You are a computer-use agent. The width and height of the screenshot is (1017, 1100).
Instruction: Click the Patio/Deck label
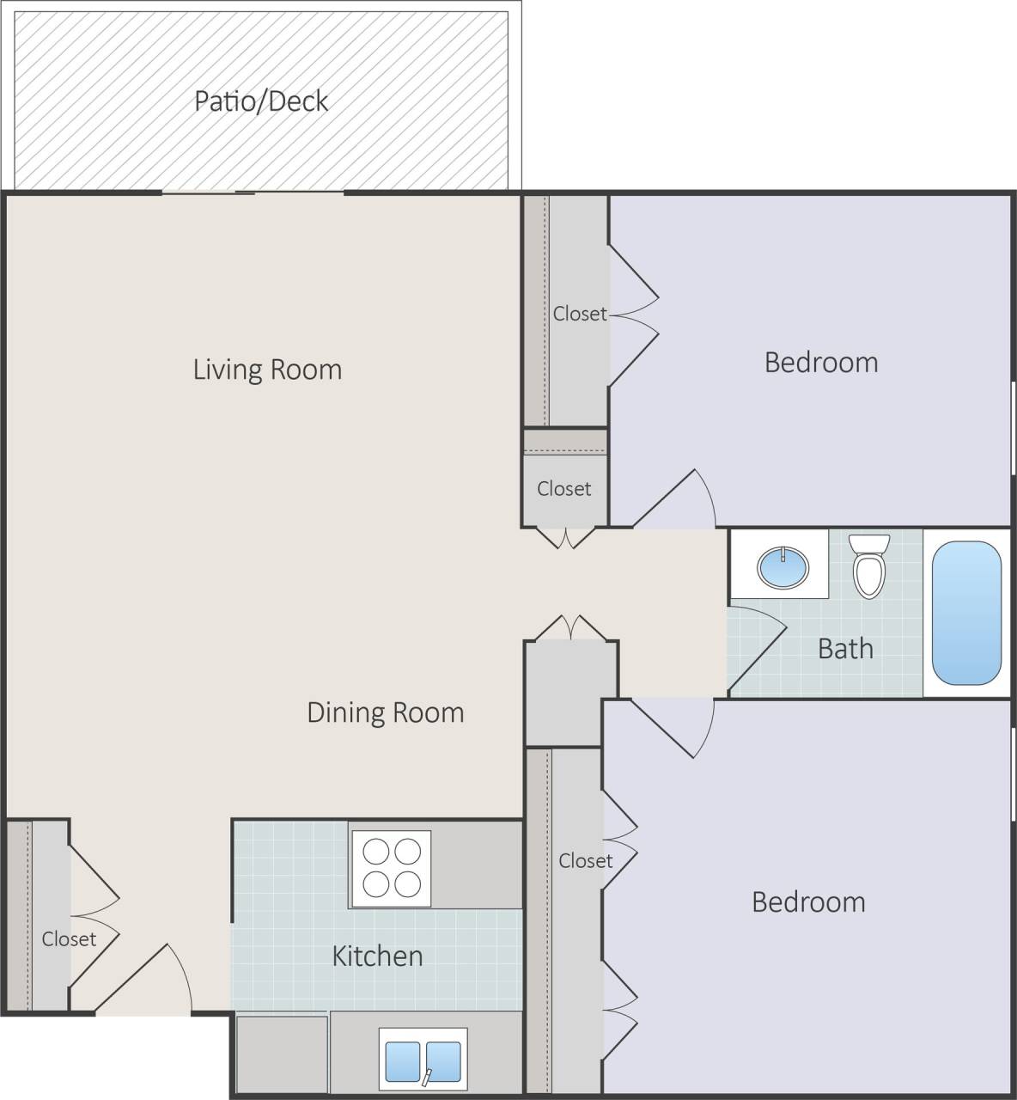(x=261, y=101)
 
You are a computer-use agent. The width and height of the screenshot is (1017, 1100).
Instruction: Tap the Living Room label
(x=267, y=370)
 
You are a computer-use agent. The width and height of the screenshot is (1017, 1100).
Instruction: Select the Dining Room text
(x=385, y=712)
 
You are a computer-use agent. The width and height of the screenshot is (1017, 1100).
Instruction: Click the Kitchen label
(x=377, y=956)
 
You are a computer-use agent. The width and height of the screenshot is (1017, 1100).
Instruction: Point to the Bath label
(x=845, y=649)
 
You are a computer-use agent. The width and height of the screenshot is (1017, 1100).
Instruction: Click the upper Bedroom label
(x=821, y=363)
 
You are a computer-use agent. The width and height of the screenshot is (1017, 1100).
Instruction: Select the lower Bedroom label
(x=808, y=902)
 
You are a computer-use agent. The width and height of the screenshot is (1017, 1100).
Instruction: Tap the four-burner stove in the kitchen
(x=390, y=868)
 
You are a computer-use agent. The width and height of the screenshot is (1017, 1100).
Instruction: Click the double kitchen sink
(x=423, y=1061)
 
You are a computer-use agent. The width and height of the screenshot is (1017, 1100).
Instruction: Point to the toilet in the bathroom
(x=868, y=566)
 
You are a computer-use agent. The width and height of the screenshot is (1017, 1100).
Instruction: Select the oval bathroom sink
(x=783, y=567)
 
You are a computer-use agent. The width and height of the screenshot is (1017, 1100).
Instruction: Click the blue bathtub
(x=966, y=612)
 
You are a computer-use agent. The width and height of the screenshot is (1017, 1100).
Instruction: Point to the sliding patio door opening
(x=254, y=192)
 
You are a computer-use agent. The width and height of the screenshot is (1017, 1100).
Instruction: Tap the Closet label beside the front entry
(x=69, y=939)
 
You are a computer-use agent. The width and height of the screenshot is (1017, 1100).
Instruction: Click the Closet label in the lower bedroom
(x=586, y=860)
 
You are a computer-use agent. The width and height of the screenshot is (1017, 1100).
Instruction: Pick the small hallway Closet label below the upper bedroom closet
(x=563, y=489)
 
